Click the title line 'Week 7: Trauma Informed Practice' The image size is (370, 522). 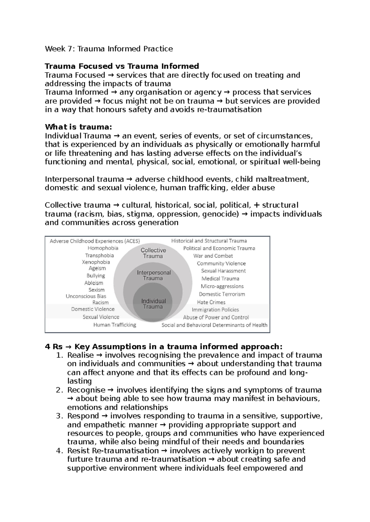tap(109, 49)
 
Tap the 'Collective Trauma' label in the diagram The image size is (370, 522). tap(153, 253)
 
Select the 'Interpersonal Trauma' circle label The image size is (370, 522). tap(154, 275)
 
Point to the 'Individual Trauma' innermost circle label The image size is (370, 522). tap(153, 304)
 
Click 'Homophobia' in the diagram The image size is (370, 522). tap(103, 248)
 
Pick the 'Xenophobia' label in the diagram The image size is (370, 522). tap(96, 262)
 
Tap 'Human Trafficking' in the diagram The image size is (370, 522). tap(115, 325)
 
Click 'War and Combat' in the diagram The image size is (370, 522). tap(213, 256)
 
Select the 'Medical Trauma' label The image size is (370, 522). tap(220, 279)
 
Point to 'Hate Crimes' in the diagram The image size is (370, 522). tap(211, 302)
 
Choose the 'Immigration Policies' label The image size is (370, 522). tap(215, 310)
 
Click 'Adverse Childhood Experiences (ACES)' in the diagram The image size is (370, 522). tap(95, 241)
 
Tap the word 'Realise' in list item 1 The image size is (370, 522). tap(80, 355)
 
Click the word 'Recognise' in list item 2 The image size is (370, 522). tap(86, 390)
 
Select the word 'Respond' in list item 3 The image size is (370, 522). tap(83, 416)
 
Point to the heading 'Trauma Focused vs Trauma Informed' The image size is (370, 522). tap(122, 66)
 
